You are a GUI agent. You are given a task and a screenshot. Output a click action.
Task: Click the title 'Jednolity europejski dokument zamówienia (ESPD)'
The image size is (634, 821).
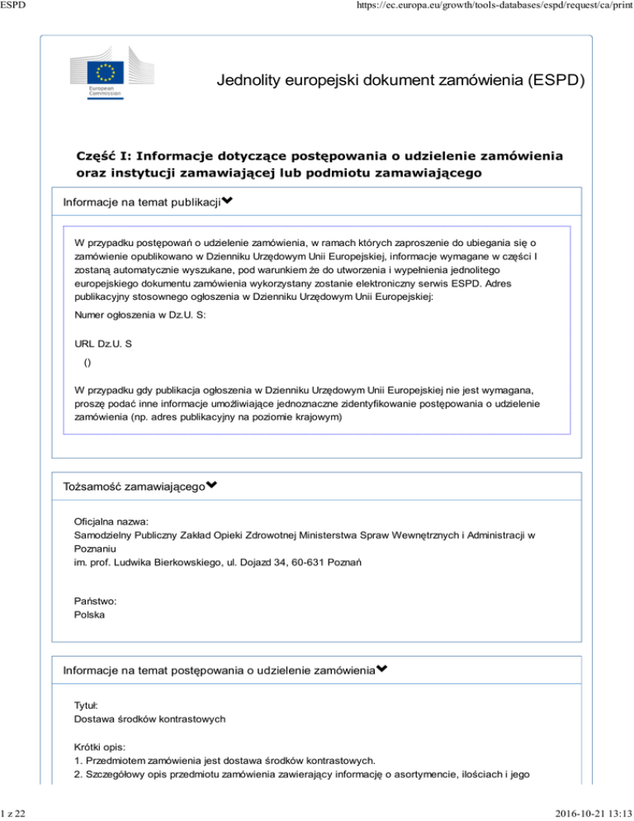click(x=402, y=81)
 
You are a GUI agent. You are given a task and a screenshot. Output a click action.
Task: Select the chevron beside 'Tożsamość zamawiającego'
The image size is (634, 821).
click(x=211, y=488)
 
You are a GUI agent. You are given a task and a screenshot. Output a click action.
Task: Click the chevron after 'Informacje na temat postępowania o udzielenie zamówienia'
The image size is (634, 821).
click(x=382, y=670)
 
